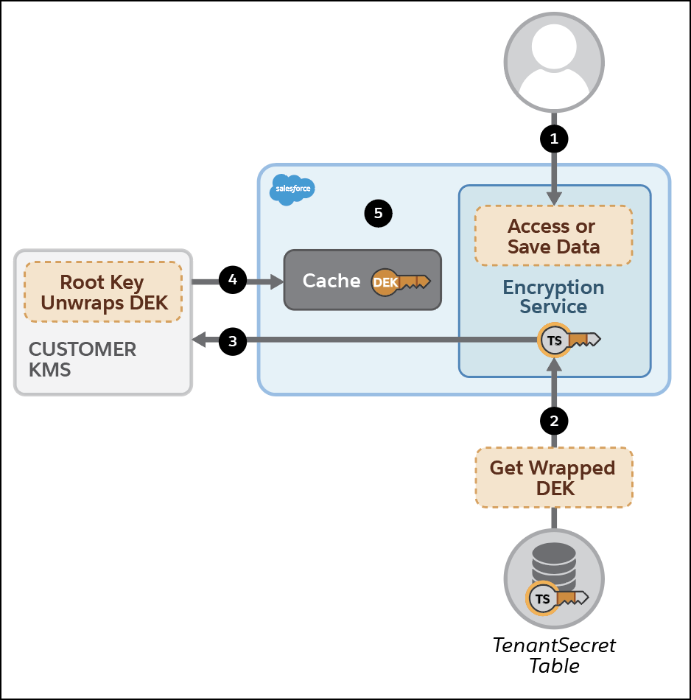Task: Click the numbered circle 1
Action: tap(554, 137)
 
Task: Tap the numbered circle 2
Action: tap(554, 420)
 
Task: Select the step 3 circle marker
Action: tap(233, 340)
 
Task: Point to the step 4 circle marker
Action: tap(233, 280)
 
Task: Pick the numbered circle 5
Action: tap(378, 214)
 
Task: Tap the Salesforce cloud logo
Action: tap(292, 189)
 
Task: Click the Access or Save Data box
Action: tap(554, 236)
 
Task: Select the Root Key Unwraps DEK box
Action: tap(103, 292)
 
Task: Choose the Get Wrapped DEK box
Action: tap(554, 477)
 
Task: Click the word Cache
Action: tap(332, 281)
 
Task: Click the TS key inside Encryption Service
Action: tap(569, 340)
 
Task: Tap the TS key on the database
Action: tap(557, 598)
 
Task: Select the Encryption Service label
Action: tap(554, 296)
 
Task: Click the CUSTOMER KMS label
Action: tap(82, 359)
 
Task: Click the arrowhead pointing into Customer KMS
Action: tap(198, 340)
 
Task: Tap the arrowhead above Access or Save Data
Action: tap(554, 197)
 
